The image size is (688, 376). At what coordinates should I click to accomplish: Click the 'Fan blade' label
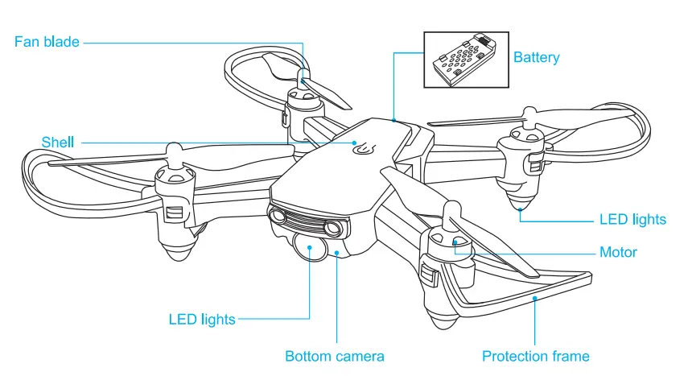pos(47,41)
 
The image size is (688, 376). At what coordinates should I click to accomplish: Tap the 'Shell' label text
pos(58,143)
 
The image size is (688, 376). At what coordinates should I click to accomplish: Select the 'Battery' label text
pos(536,57)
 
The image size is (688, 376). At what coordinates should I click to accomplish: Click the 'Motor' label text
pos(618,252)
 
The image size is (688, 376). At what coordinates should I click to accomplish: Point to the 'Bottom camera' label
pos(335,356)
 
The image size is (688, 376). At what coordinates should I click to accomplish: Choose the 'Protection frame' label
pos(535,356)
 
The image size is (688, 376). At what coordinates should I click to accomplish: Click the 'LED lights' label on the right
pos(632,219)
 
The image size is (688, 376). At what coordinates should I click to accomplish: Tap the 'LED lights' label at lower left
pos(202,319)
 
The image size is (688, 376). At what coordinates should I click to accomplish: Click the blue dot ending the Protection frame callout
pos(535,297)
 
